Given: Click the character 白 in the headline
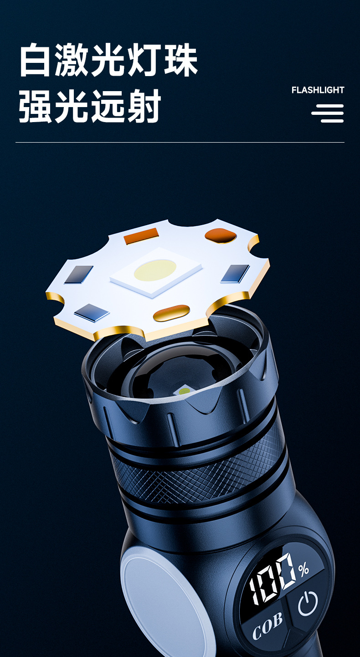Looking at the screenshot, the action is point(35,60).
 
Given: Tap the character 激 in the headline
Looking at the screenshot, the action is point(71,60).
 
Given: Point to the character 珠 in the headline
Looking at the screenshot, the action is point(181,60).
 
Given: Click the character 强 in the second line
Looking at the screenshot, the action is point(36,106).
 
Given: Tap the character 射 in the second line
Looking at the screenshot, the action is point(144,106).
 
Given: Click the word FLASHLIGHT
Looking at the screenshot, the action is point(318,90).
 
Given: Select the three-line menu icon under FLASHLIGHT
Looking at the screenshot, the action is point(328,113).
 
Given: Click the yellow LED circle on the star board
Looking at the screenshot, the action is point(155,270).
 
